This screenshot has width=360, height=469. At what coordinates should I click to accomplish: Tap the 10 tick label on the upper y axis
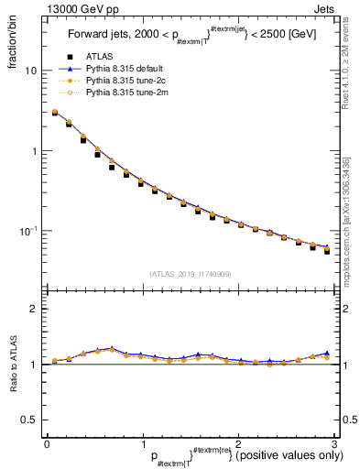coord(30,71)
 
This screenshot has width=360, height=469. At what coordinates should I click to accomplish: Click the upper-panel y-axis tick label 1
coord(34,151)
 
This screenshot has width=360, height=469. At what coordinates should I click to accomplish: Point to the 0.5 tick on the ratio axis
coord(28,420)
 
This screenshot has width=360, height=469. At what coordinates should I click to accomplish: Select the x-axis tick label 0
coord(47,444)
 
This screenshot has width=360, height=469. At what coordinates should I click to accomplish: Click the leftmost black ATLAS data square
coord(54,114)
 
